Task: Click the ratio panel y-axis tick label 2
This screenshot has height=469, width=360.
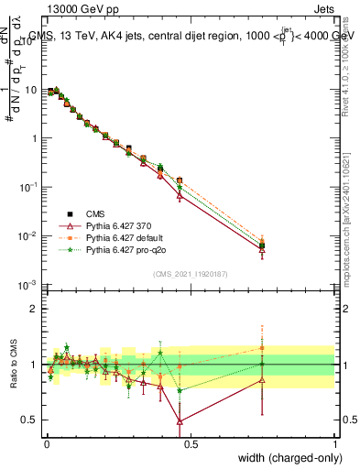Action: pyautogui.click(x=32, y=309)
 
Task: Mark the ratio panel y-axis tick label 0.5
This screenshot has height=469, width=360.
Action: pyautogui.click(x=27, y=420)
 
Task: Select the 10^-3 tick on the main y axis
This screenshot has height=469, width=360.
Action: pyautogui.click(x=27, y=285)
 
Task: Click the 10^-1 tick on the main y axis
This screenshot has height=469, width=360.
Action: pyautogui.click(x=27, y=187)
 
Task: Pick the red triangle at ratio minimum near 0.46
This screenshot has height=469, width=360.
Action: pyautogui.click(x=180, y=422)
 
